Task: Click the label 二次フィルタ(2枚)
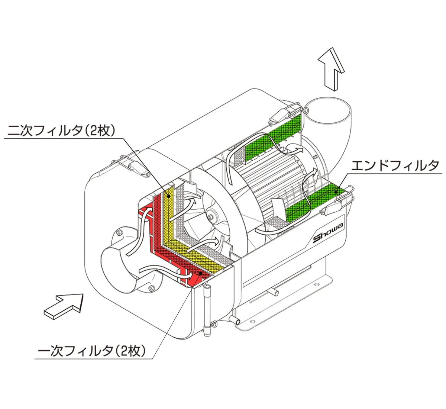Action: [61, 131]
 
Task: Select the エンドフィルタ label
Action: [395, 165]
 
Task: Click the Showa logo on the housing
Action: [329, 234]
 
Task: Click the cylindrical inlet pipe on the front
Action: [123, 268]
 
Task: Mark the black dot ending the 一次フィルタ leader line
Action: [201, 274]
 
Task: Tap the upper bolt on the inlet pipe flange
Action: [119, 233]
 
